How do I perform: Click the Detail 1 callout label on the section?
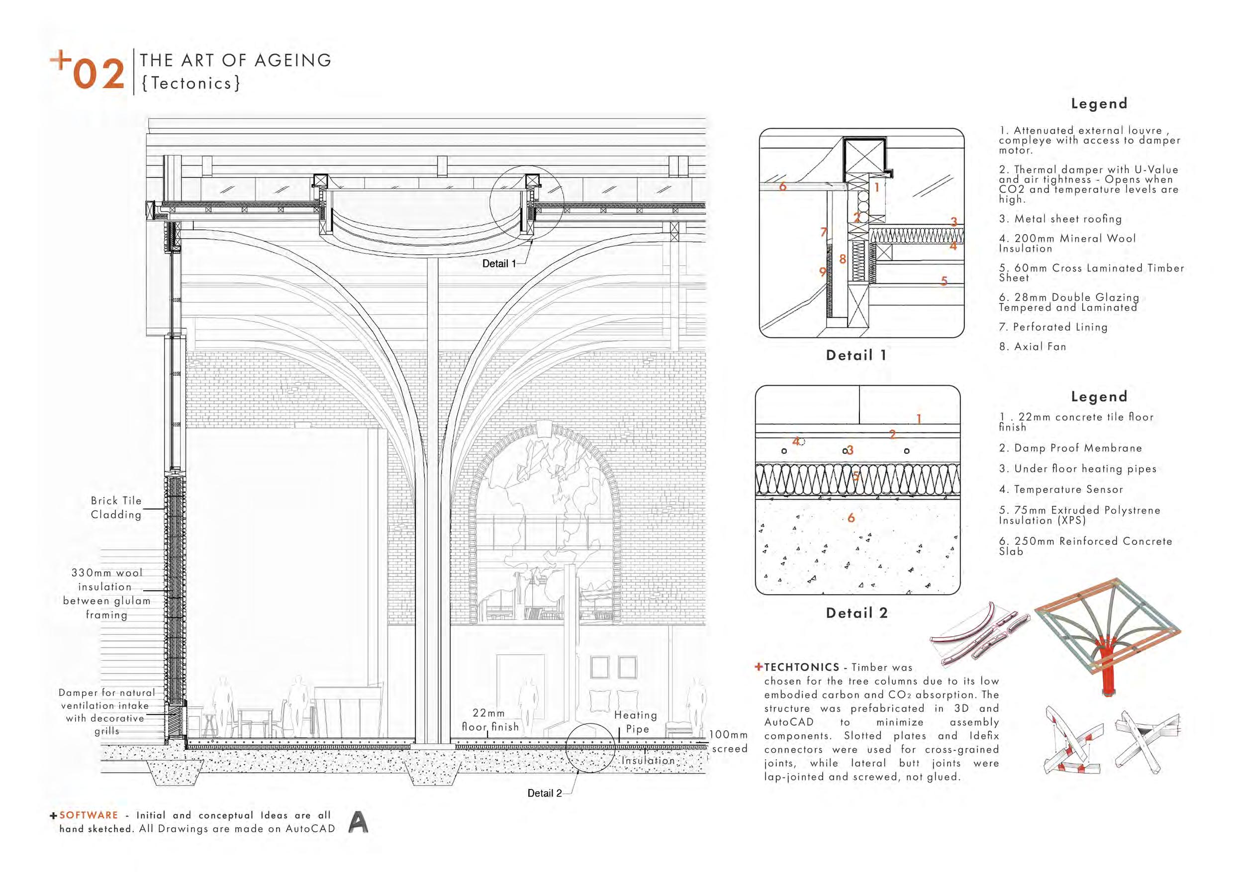coord(499,264)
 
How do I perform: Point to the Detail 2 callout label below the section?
coord(544,793)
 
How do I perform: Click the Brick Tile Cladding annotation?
coord(116,508)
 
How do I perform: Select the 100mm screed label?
coord(729,741)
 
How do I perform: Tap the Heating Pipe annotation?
coord(636,722)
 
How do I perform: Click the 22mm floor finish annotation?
coord(489,720)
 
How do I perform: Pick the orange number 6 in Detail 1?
coord(782,187)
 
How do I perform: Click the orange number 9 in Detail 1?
coord(822,272)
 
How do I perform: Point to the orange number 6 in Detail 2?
coord(851,518)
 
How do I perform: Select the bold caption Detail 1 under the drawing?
coord(856,355)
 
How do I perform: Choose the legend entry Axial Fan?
coord(1033,347)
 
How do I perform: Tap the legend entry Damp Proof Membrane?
coord(1070,448)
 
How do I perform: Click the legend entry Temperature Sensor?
coord(1061,490)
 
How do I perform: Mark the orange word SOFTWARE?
coord(89,815)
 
